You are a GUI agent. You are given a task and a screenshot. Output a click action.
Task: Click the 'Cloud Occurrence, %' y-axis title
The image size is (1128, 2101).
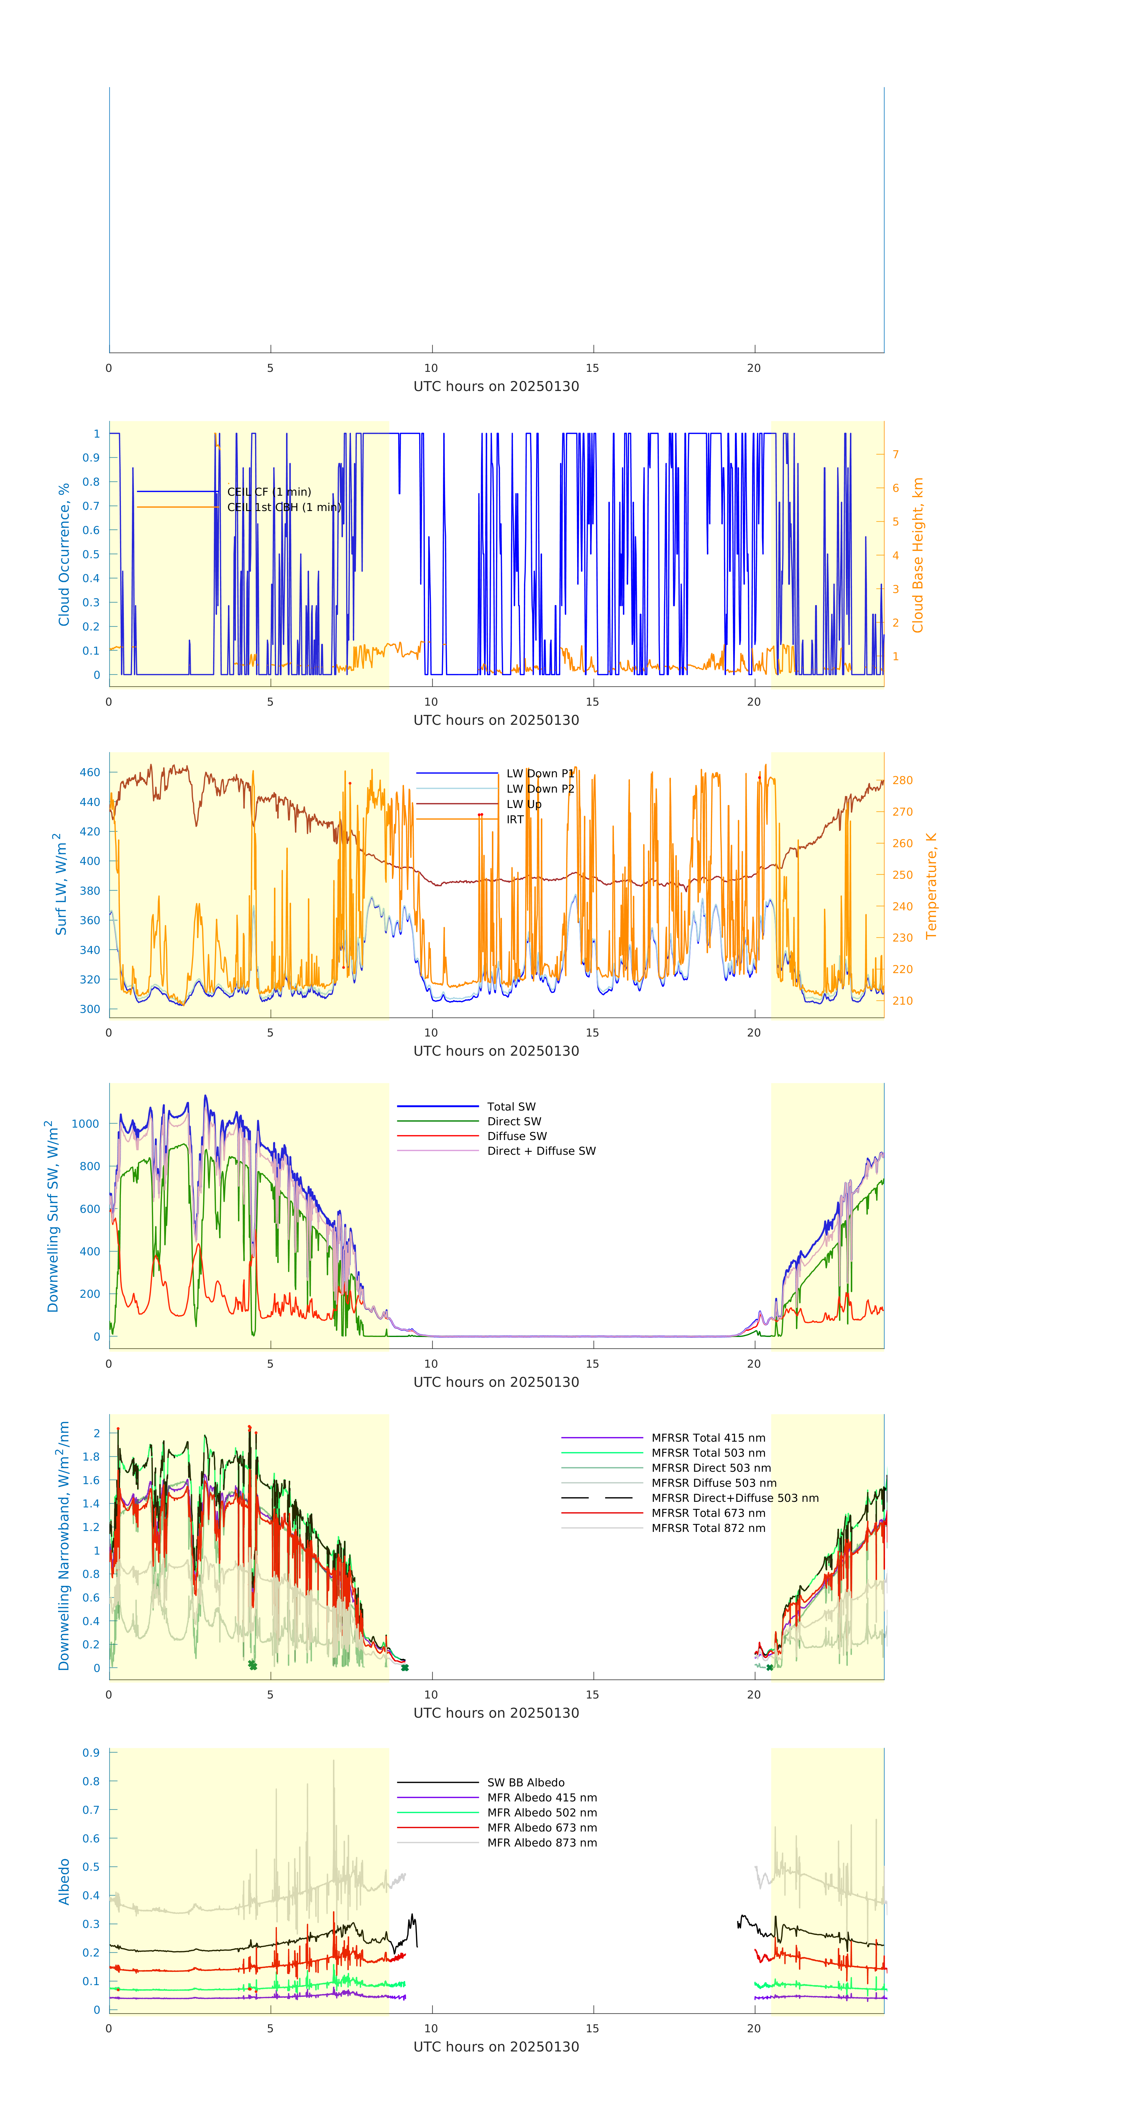64,555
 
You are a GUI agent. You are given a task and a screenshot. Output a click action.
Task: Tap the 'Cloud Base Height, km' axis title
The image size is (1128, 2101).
917,555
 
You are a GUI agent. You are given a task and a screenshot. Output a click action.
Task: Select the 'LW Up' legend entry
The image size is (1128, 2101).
524,804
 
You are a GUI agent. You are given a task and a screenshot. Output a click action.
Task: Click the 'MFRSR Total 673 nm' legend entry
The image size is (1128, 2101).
708,1513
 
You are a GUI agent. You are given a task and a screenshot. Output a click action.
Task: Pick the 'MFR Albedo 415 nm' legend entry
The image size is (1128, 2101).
541,1798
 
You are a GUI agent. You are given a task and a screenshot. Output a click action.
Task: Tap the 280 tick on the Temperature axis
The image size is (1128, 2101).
902,781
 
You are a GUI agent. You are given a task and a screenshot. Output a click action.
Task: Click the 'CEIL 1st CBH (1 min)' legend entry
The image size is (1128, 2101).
283,507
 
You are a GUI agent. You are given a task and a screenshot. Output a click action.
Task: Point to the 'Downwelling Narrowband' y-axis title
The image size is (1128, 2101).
64,1545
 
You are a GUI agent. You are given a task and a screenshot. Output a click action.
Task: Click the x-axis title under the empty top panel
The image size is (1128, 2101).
496,387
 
